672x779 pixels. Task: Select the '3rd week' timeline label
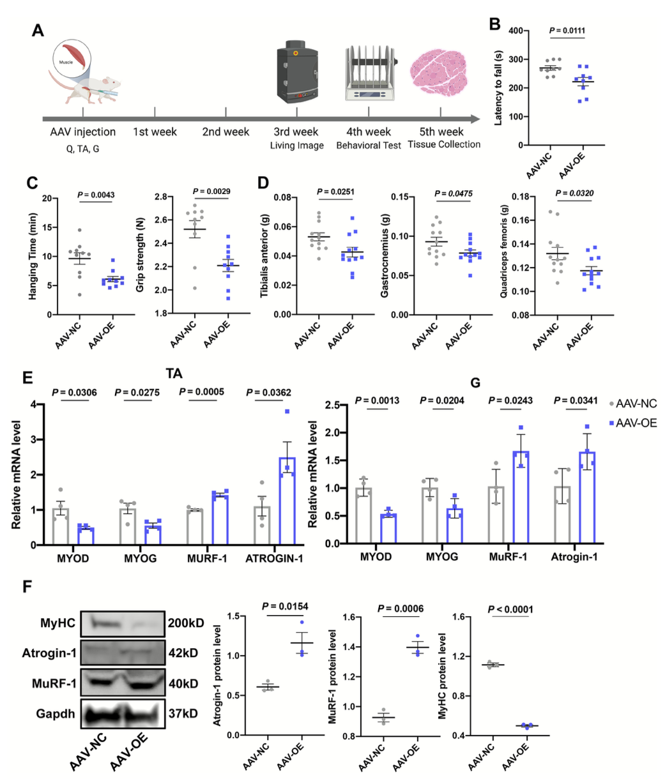tap(296, 132)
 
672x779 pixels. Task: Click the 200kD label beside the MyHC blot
tap(186, 623)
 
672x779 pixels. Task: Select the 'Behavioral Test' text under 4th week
tap(369, 146)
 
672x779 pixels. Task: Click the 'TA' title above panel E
tap(174, 374)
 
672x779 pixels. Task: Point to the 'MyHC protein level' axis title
tap(441, 676)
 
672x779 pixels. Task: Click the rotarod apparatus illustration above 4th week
tap(369, 74)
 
